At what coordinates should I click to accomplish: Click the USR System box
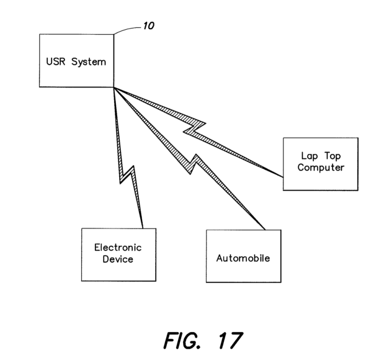click(x=76, y=60)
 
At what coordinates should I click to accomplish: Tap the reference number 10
click(x=148, y=27)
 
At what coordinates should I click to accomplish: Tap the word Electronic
click(x=113, y=246)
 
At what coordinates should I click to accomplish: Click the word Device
click(x=113, y=259)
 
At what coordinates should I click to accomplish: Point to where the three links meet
click(x=114, y=88)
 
